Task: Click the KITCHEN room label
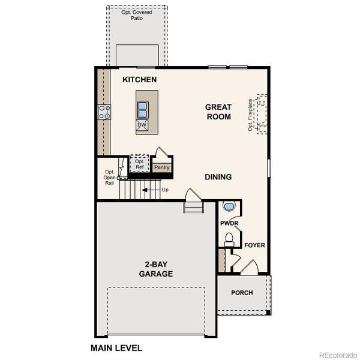tap(139, 80)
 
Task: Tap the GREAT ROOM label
tap(218, 112)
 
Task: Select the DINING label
tap(218, 177)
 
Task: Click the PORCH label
tap(242, 293)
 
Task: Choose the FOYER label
tap(254, 245)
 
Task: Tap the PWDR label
tap(229, 223)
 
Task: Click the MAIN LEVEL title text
tap(116, 347)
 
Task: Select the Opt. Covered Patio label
tap(137, 15)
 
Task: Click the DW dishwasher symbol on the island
tap(142, 125)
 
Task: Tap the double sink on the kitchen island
tap(143, 110)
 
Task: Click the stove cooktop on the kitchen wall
tap(104, 111)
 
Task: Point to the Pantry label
tap(161, 168)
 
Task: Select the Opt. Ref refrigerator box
tap(139, 164)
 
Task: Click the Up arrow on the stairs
tap(145, 190)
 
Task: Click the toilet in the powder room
tap(228, 239)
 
